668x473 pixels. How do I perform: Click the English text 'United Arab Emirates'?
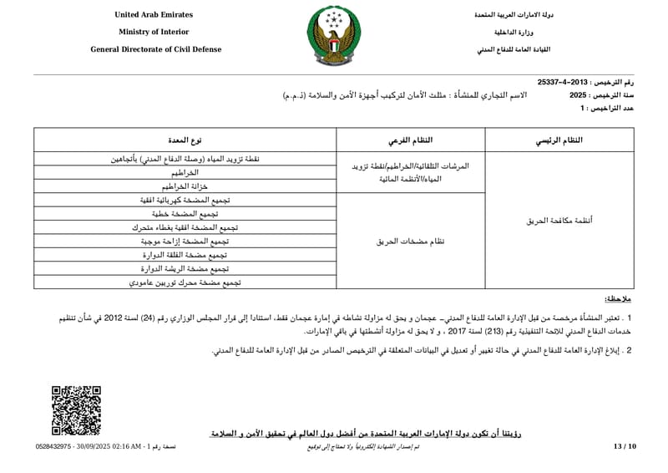pyautogui.click(x=153, y=15)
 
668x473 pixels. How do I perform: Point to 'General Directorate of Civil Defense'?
pyautogui.click(x=156, y=49)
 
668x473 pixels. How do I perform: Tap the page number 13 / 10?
pyautogui.click(x=625, y=447)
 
